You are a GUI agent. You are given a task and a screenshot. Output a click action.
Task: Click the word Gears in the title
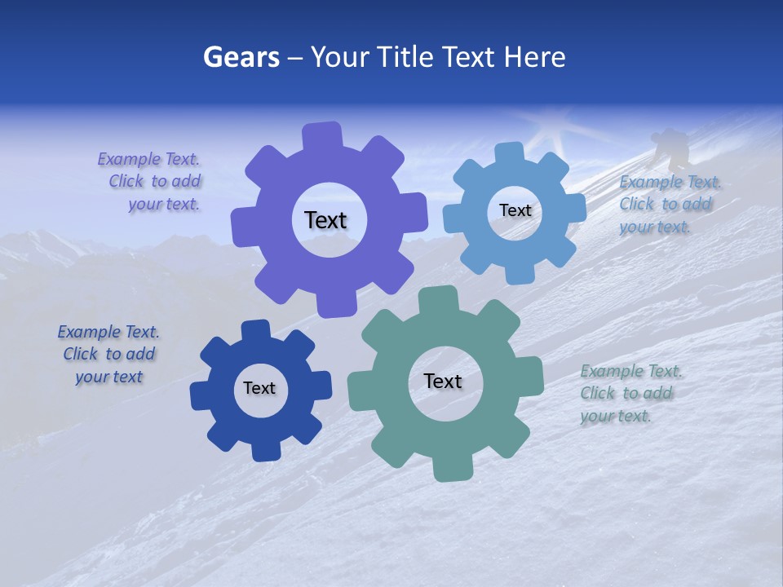tap(241, 57)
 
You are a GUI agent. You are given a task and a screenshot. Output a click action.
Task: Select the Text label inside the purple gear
tap(325, 220)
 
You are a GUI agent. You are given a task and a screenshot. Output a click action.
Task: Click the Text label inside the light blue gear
tap(515, 210)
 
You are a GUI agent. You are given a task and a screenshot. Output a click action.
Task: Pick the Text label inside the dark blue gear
tap(259, 388)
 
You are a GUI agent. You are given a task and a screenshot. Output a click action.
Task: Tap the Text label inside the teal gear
tap(443, 381)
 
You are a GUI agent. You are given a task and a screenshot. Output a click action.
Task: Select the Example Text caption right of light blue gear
tap(667, 204)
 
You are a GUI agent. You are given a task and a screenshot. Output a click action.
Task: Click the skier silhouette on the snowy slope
tap(670, 148)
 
